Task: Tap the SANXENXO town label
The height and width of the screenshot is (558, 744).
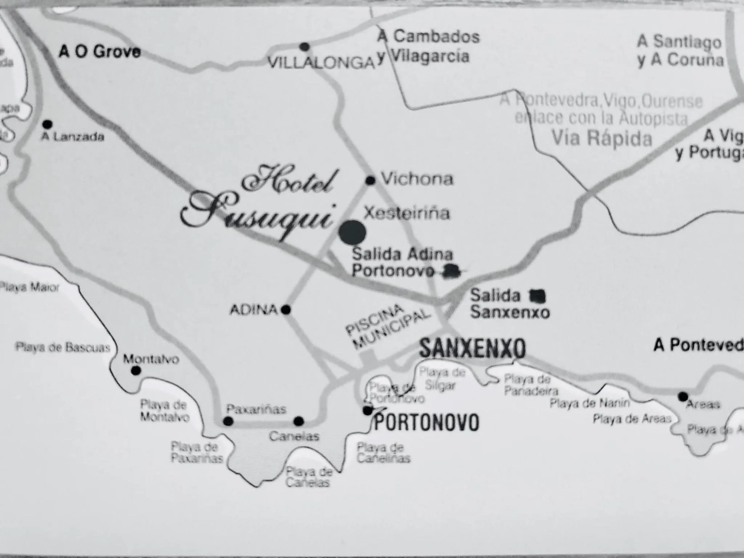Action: pos(472,348)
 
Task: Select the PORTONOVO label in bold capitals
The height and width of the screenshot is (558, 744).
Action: pos(426,422)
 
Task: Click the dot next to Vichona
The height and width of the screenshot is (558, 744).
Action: pos(370,180)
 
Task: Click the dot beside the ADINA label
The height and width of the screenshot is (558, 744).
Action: pos(286,310)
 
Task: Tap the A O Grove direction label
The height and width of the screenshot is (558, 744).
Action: pos(100,52)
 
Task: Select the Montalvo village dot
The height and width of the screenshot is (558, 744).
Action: pos(136,371)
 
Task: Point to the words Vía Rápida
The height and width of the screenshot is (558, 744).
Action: pos(602,138)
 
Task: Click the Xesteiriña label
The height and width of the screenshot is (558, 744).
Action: pos(407,213)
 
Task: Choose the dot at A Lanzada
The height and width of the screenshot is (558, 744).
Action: pos(47,125)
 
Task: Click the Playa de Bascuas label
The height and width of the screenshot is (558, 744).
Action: pos(62,348)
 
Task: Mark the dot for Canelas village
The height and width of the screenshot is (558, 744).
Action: pos(298,421)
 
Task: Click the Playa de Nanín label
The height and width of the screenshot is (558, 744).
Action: pos(589,403)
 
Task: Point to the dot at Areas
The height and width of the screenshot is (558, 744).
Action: pos(683,396)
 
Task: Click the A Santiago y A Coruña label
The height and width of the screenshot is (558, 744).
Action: pos(680,51)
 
